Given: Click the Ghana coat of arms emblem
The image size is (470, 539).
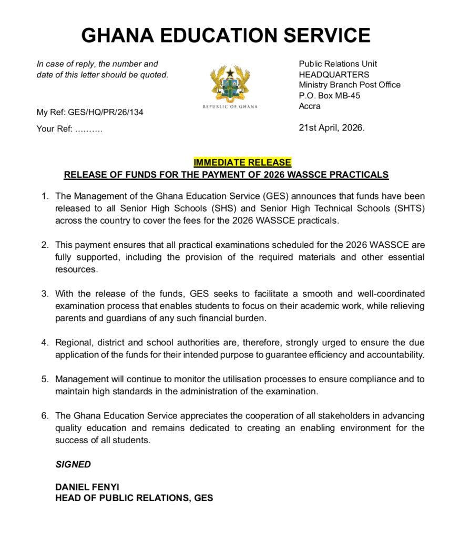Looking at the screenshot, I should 230,84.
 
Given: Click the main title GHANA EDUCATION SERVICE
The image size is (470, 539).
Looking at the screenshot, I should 226,35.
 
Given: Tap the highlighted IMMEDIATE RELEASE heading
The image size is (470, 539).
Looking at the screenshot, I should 242,163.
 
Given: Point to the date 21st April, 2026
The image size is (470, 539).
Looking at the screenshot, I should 331,127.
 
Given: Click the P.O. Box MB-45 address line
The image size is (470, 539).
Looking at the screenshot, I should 329,95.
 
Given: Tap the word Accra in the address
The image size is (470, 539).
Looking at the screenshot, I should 310,106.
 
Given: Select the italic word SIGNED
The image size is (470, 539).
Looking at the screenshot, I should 73,464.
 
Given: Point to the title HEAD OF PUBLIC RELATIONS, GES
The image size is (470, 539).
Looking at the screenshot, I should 134,498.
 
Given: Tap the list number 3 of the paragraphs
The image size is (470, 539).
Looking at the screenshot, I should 45,293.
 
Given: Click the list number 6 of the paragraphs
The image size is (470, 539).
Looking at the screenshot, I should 45,416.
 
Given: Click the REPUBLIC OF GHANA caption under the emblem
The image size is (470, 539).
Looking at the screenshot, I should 230,107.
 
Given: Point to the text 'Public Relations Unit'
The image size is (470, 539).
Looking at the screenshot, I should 338,64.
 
